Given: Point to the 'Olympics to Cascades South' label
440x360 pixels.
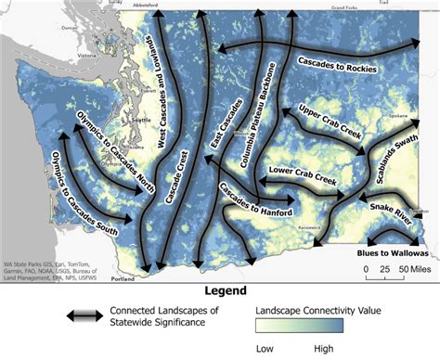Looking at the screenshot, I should pos(84,186).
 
